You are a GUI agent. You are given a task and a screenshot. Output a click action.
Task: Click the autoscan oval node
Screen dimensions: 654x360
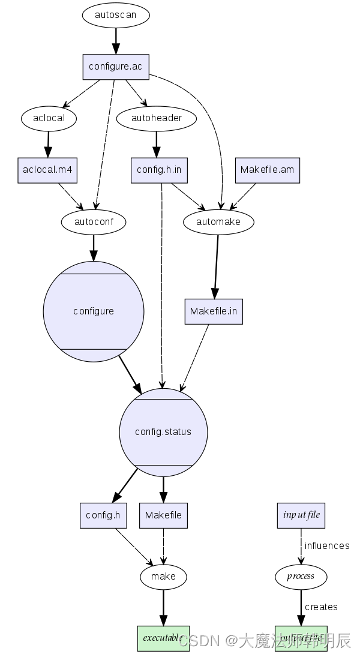click(115, 16)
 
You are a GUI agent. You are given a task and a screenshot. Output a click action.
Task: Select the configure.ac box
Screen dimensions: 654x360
click(115, 67)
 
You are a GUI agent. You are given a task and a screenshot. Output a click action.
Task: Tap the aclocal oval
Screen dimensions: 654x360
click(49, 118)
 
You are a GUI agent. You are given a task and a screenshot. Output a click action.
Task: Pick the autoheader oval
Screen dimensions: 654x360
click(157, 118)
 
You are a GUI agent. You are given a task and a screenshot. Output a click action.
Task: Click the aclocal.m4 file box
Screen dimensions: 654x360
click(47, 170)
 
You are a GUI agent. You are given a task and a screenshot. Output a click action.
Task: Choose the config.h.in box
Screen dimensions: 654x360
click(159, 170)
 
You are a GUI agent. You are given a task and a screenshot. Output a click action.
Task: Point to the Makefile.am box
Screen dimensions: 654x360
click(267, 170)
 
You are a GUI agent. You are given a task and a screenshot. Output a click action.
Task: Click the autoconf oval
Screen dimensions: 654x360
click(93, 221)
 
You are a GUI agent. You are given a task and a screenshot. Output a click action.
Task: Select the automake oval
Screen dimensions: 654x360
click(218, 221)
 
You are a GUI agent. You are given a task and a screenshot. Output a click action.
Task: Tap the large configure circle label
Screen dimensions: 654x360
click(94, 311)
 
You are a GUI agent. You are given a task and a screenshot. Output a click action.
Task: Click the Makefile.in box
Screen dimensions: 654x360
click(214, 311)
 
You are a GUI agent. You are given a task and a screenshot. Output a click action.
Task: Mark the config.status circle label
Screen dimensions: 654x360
click(163, 432)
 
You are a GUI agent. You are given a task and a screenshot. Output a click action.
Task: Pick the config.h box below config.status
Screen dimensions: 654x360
click(103, 515)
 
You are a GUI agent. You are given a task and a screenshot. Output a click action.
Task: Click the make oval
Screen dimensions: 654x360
click(163, 577)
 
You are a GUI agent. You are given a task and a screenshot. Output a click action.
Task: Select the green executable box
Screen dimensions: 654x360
click(163, 638)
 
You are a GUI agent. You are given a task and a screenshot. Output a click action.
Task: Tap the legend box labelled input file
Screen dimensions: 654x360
click(301, 515)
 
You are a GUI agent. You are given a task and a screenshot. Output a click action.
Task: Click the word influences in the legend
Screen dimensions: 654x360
click(327, 545)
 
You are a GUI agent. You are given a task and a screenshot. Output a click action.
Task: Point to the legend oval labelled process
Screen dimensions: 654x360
click(301, 577)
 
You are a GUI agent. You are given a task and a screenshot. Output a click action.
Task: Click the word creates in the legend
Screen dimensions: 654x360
click(321, 607)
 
